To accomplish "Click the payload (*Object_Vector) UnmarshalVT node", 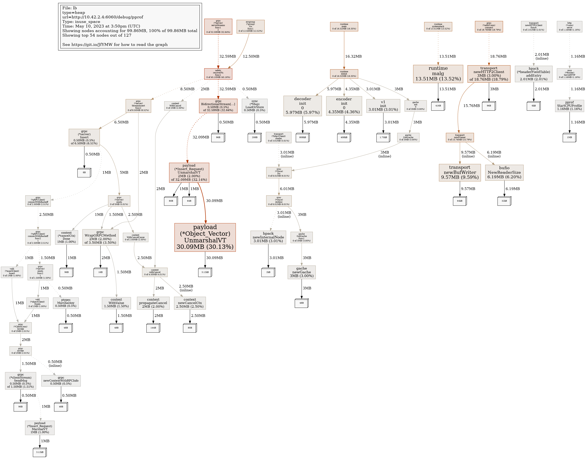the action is (x=205, y=237).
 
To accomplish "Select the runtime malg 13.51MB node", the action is (x=438, y=74).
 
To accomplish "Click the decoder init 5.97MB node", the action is (x=302, y=106).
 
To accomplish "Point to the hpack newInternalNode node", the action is (x=268, y=237).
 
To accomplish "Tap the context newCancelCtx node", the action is (x=190, y=303).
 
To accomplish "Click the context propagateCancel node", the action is (x=153, y=303).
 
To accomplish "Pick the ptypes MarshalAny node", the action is (x=66, y=303).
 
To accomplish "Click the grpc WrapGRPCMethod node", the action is (x=100, y=237).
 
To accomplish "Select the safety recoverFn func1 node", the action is (x=218, y=74).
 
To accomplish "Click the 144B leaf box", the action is (x=153, y=328).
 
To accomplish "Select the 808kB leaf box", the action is (x=302, y=137).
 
